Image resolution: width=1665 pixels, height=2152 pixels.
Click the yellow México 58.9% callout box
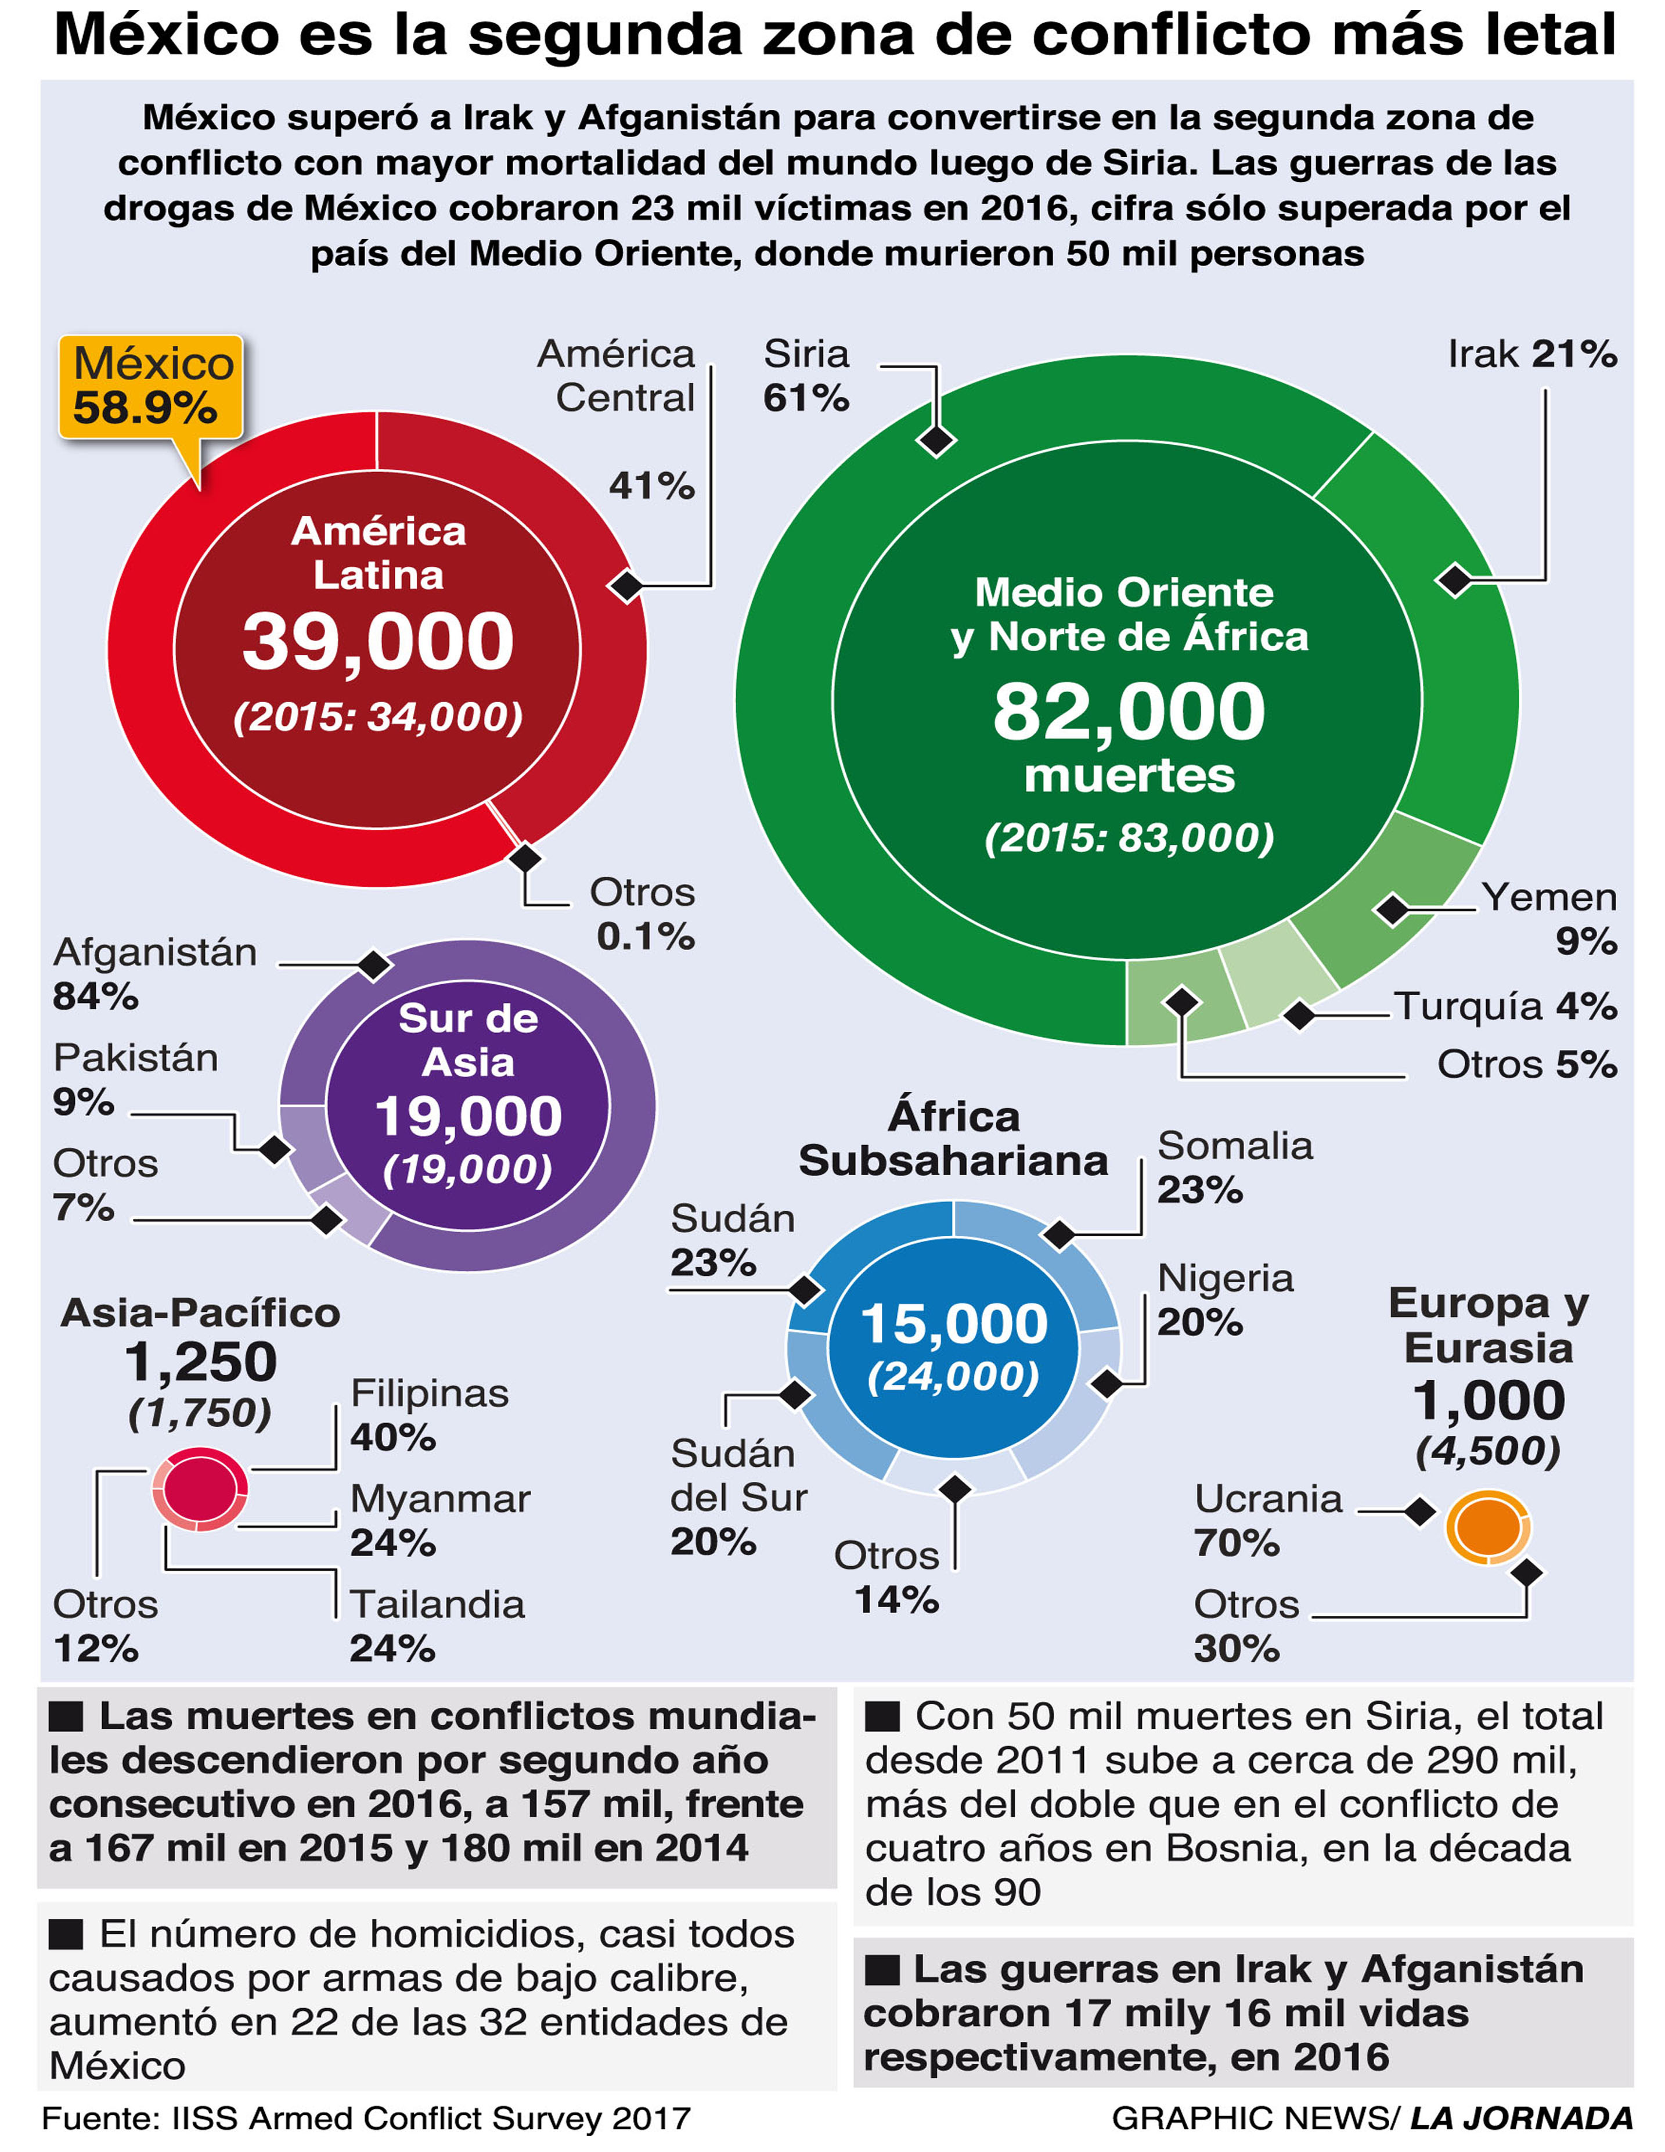[151, 385]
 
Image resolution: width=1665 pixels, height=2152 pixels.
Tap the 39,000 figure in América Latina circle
[379, 642]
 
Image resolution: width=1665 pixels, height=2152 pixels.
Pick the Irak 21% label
[1532, 354]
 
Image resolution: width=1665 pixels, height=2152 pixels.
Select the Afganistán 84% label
[154, 974]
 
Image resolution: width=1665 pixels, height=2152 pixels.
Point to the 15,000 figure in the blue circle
[954, 1323]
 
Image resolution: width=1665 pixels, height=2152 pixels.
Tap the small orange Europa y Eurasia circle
[1488, 1526]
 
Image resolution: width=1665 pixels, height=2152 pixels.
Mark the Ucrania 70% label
[1268, 1520]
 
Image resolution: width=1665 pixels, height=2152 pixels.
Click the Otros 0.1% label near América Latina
[642, 913]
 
